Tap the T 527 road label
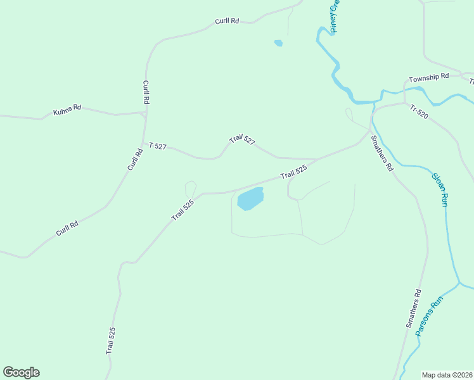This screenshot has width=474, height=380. point(157,146)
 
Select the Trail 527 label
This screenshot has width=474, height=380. point(242,140)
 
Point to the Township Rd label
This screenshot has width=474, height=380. point(428,77)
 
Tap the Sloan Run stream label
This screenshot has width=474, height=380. point(440,189)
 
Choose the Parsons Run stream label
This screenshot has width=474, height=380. point(428,319)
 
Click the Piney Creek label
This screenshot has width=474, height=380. point(335,16)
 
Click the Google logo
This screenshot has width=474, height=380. point(21,372)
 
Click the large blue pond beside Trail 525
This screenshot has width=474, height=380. point(250,199)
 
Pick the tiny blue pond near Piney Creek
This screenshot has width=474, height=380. point(278,43)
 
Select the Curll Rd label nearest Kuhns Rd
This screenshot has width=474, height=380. point(146,92)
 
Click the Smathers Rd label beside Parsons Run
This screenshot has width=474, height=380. point(413,308)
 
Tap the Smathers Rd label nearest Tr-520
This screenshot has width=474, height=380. point(382,154)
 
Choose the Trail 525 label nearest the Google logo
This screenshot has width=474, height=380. point(111,340)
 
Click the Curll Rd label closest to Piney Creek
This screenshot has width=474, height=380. point(226,21)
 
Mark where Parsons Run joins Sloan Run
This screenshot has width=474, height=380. point(458,282)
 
